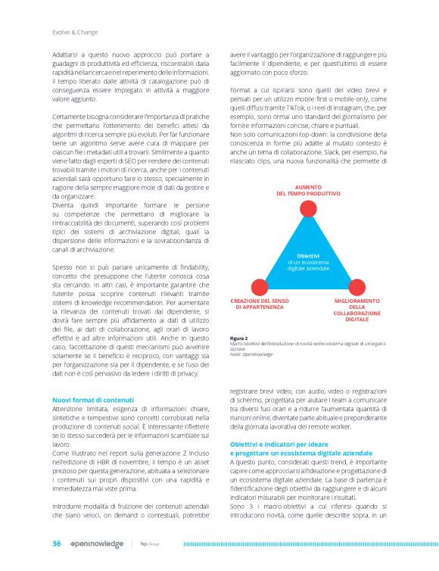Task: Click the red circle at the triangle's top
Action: pyautogui.click(x=308, y=208)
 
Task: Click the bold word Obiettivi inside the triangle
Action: pyautogui.click(x=308, y=257)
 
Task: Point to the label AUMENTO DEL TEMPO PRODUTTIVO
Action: pyautogui.click(x=308, y=190)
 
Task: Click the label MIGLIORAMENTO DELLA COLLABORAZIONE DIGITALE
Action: pyautogui.click(x=356, y=310)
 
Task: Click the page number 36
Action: pyautogui.click(x=56, y=543)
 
